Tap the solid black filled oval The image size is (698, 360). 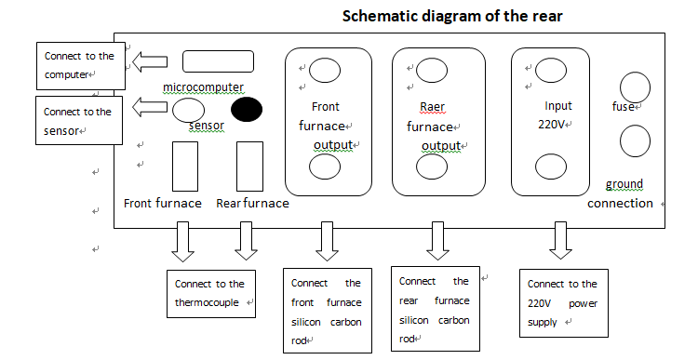coord(246,110)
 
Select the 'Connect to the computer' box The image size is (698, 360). coord(80,64)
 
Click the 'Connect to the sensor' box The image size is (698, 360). coord(80,120)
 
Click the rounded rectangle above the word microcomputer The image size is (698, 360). coord(218,61)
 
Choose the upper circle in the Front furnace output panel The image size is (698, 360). coord(325,69)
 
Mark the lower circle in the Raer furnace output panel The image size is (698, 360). coord(432,166)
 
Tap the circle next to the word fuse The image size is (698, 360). coord(635,87)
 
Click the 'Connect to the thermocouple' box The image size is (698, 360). coord(210,292)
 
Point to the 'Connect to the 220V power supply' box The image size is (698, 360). coord(563,303)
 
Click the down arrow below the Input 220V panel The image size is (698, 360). coord(559,241)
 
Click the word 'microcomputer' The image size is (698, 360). coord(203,87)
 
